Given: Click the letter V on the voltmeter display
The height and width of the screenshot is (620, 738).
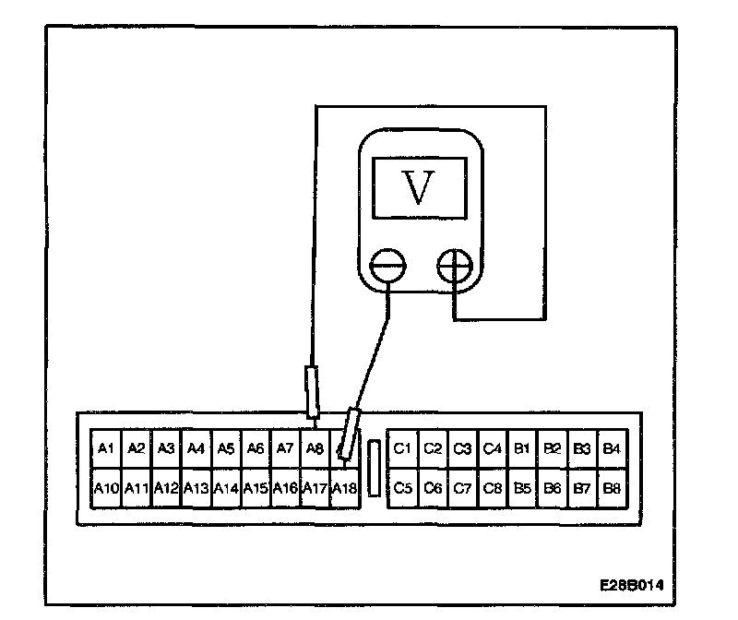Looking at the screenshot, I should coord(419,188).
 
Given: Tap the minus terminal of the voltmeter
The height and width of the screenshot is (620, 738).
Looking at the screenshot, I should coord(387,266).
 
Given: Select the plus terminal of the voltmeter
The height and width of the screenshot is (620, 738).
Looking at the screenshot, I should coord(455,266).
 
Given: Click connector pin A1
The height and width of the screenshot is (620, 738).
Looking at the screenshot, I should coord(105,449).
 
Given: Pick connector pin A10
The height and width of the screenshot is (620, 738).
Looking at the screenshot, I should coord(105,487).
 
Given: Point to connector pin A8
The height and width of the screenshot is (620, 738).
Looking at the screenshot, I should coord(315,449).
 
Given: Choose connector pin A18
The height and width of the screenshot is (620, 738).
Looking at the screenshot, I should coord(343,487).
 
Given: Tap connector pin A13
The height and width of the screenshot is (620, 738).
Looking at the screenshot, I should coord(196,487).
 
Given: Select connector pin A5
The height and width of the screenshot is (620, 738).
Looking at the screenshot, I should coord(225,449).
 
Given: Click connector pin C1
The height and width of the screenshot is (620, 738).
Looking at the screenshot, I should coord(402,449).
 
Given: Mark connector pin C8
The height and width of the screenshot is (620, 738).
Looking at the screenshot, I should coord(493,487).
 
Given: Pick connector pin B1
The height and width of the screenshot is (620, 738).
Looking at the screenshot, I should coord(522,449).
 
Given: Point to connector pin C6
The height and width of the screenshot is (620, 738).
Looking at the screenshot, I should coord(433,487).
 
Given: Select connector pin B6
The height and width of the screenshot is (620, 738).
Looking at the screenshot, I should coord(553,487).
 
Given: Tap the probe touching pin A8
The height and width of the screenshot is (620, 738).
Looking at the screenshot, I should coord(313,391).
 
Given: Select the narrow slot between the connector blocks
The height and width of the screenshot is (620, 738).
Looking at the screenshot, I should coord(373,469).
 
